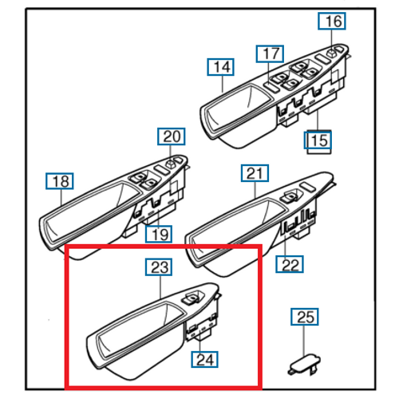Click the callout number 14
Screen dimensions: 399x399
pos(220,66)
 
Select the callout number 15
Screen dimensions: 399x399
pos(319,142)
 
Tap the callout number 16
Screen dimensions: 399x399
pos(333,22)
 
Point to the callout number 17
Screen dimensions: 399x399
pos(270,54)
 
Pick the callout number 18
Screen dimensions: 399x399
pos(60,182)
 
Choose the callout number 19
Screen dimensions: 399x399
pos(160,234)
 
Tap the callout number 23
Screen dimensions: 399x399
pos(157,266)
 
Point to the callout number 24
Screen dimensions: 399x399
pos(205,359)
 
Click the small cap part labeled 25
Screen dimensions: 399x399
pos(302,363)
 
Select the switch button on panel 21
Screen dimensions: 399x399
pos(291,196)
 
